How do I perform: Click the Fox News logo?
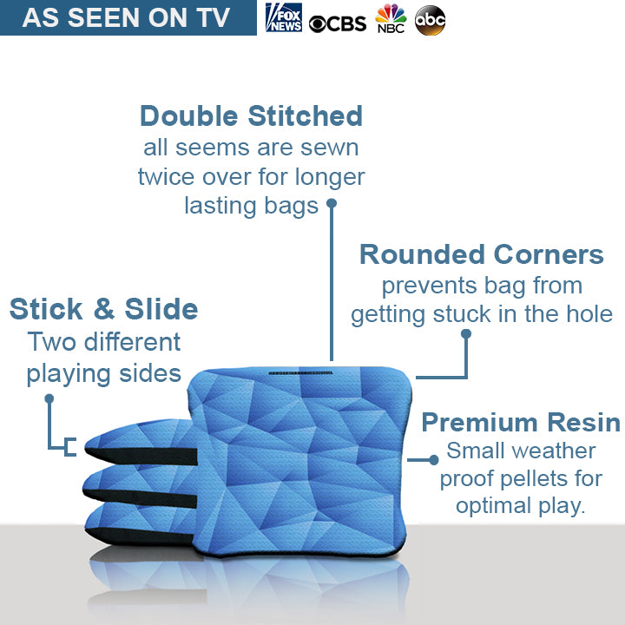pyautogui.click(x=284, y=18)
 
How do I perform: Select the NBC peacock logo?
pyautogui.click(x=391, y=18)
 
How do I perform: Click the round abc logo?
pyautogui.click(x=431, y=20)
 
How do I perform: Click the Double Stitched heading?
pyautogui.click(x=251, y=115)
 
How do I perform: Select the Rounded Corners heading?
pyautogui.click(x=481, y=254)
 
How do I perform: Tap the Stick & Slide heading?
pyautogui.click(x=103, y=309)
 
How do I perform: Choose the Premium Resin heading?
pyautogui.click(x=520, y=423)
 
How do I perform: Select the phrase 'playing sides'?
pyautogui.click(x=103, y=374)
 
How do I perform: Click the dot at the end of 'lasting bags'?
pyautogui.click(x=331, y=205)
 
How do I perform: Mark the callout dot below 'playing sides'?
pyautogui.click(x=49, y=399)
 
